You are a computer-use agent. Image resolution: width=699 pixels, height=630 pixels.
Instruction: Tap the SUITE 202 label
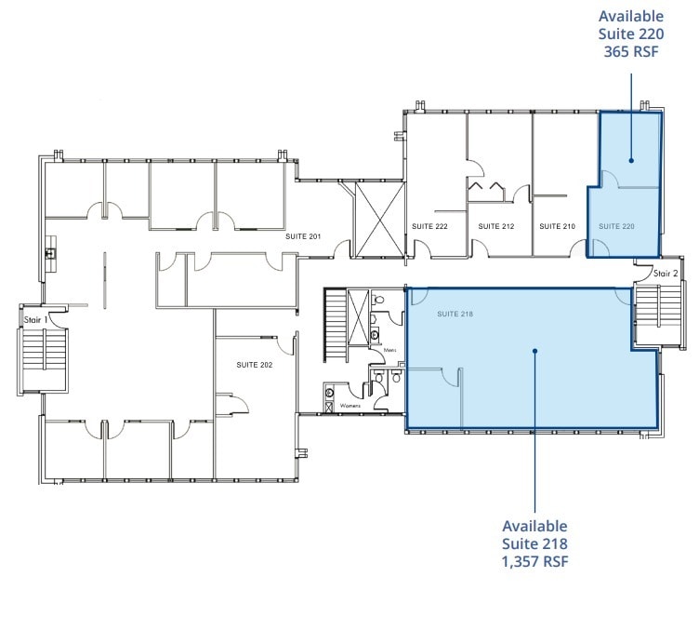point(254,365)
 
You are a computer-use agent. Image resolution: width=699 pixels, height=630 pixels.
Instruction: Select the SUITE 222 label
point(429,226)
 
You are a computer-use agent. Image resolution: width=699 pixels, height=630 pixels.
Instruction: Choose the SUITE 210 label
point(558,226)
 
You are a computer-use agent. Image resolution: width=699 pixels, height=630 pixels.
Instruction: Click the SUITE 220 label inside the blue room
point(616,226)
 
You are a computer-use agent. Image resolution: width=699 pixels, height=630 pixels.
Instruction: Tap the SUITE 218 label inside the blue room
point(455,315)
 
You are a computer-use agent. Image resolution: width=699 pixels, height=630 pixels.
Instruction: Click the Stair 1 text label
point(36,320)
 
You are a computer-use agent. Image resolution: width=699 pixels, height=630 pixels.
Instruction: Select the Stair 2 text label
point(666,274)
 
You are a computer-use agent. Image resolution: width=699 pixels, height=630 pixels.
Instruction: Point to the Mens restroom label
point(390,351)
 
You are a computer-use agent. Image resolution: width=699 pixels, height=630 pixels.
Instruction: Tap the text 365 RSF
point(631,51)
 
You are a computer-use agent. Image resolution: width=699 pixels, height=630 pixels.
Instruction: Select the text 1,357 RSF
point(534,561)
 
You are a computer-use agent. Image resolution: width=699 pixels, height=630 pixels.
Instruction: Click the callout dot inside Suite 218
point(535,351)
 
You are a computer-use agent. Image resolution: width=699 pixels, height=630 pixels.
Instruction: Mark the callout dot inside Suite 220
point(631,160)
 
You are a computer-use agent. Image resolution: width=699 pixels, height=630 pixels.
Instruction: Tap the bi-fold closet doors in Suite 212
point(486,191)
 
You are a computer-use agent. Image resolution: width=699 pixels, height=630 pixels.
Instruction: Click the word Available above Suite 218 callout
point(534,526)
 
